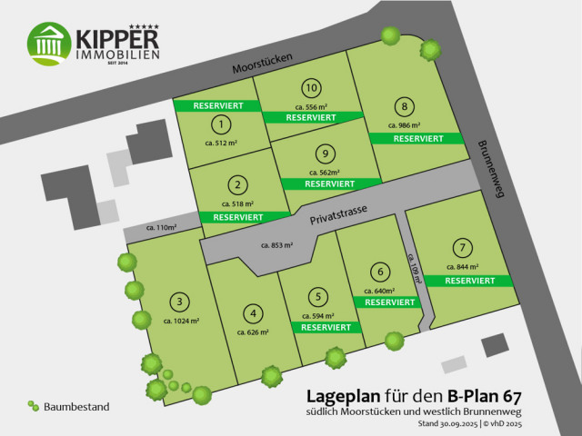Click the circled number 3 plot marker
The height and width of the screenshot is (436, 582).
pos(181,302)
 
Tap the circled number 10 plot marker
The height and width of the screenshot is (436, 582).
pos(312,88)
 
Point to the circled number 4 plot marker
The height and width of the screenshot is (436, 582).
pos(255,314)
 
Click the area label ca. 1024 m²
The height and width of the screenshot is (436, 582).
pos(182,321)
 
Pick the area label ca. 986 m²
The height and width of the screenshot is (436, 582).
pos(404,125)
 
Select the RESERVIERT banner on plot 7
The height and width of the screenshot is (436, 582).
pos(470,281)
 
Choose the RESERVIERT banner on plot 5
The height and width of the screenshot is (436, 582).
pos(326,327)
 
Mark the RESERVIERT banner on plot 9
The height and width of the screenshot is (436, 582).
pos(329,183)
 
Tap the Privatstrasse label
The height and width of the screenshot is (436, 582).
pos(338,214)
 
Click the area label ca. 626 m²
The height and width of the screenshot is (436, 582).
pos(254,332)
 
